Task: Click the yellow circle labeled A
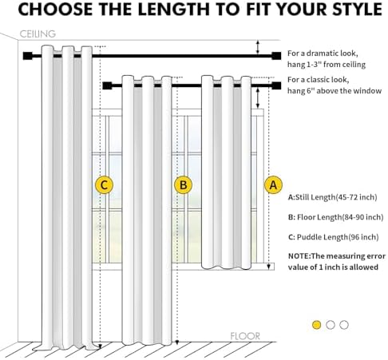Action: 273,184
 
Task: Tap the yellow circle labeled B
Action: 183,184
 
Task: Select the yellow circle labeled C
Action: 104,184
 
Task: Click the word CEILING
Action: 38,34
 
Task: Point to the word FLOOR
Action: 245,336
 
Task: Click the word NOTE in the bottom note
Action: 298,256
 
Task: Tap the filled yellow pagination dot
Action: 316,325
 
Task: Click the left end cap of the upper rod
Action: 27,56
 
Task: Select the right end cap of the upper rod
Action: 276,56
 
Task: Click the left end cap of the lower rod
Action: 107,85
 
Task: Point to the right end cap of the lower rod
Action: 276,85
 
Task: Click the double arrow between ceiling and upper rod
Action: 257,47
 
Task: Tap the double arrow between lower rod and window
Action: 257,98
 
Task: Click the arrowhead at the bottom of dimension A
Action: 269,267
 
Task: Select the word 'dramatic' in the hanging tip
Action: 323,53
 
